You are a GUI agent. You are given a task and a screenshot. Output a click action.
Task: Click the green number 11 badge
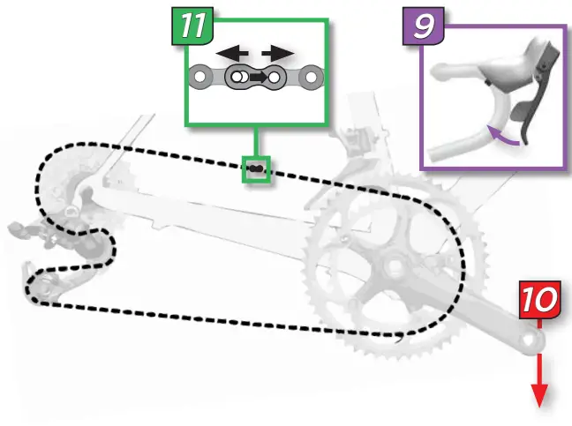(192, 25)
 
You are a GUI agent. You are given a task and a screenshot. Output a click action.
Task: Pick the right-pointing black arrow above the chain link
(277, 54)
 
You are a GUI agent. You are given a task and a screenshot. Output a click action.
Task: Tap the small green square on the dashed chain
(255, 168)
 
